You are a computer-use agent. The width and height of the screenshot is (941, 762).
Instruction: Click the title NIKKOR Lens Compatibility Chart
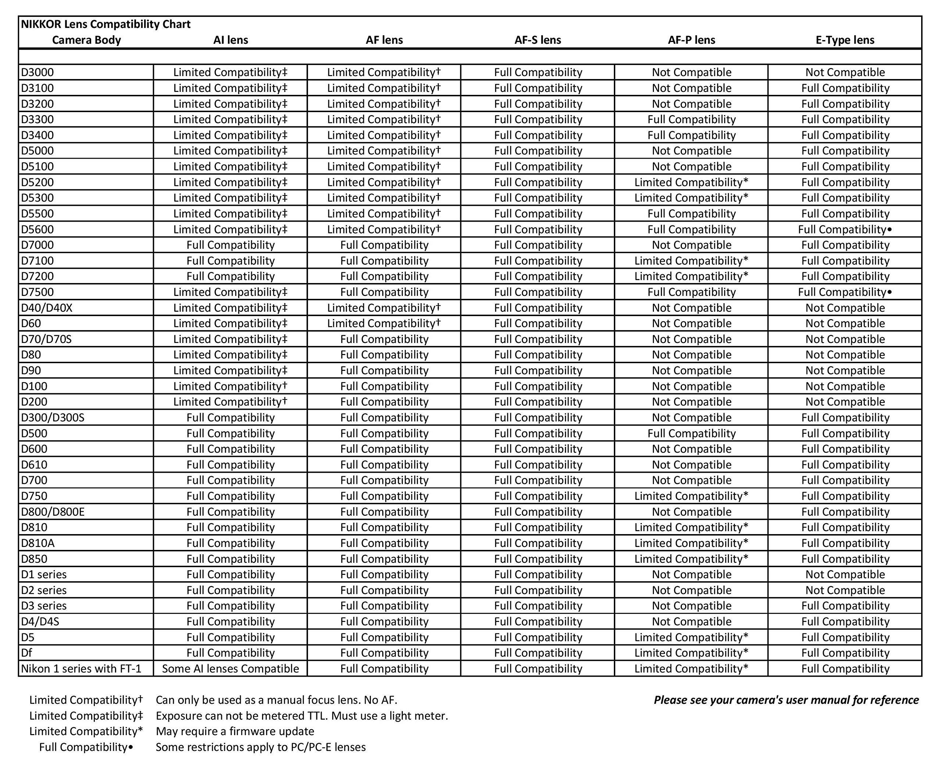tap(106, 24)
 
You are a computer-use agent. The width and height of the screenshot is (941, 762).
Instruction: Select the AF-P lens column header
tap(691, 40)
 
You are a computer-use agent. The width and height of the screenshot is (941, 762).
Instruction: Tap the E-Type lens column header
tap(845, 40)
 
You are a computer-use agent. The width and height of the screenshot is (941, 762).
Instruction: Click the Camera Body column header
tap(86, 40)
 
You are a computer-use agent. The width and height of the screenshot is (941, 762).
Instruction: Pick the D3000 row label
tap(38, 72)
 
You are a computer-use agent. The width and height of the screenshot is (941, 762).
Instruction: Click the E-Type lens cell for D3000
tap(845, 72)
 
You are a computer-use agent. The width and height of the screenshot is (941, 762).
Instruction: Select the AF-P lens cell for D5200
tap(691, 182)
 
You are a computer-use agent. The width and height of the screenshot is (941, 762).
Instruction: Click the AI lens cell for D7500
tap(230, 292)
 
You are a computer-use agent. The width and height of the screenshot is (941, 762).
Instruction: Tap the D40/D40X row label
tap(47, 308)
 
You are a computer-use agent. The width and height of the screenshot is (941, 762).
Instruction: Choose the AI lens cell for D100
tap(230, 386)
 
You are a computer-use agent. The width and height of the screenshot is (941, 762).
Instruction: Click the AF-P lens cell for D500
tap(691, 434)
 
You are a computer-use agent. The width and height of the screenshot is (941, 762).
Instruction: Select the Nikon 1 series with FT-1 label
tap(81, 669)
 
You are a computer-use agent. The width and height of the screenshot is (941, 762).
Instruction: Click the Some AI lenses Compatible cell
tap(230, 669)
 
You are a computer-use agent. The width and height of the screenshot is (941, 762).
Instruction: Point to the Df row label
tap(27, 653)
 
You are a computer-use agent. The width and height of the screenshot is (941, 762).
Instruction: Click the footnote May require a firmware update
tap(235, 731)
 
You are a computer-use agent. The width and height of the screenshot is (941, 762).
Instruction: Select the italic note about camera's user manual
tap(786, 700)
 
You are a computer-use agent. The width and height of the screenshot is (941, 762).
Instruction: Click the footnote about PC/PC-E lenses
tap(261, 747)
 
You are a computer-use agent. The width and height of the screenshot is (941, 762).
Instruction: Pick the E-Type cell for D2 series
tap(845, 590)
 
